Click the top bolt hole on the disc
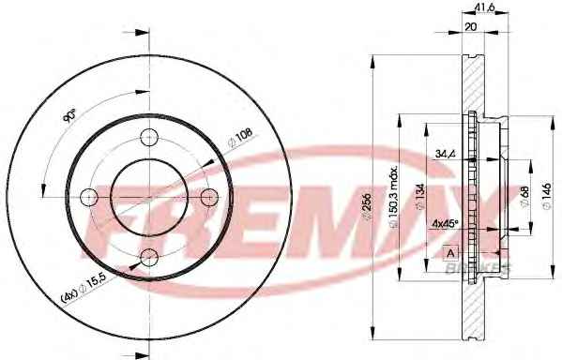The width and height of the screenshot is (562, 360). [x=149, y=137]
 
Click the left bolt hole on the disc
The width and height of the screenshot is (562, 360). [x=88, y=198]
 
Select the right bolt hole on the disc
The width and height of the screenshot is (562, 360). [x=209, y=198]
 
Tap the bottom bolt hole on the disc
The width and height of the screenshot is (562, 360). [x=149, y=258]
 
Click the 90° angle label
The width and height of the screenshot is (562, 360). [x=69, y=115]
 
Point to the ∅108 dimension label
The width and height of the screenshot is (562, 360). [x=240, y=138]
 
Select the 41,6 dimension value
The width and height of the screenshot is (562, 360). [x=485, y=6]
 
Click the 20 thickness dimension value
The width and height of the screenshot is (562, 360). [x=470, y=26]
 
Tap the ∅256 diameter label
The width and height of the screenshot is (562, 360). [x=367, y=208]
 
